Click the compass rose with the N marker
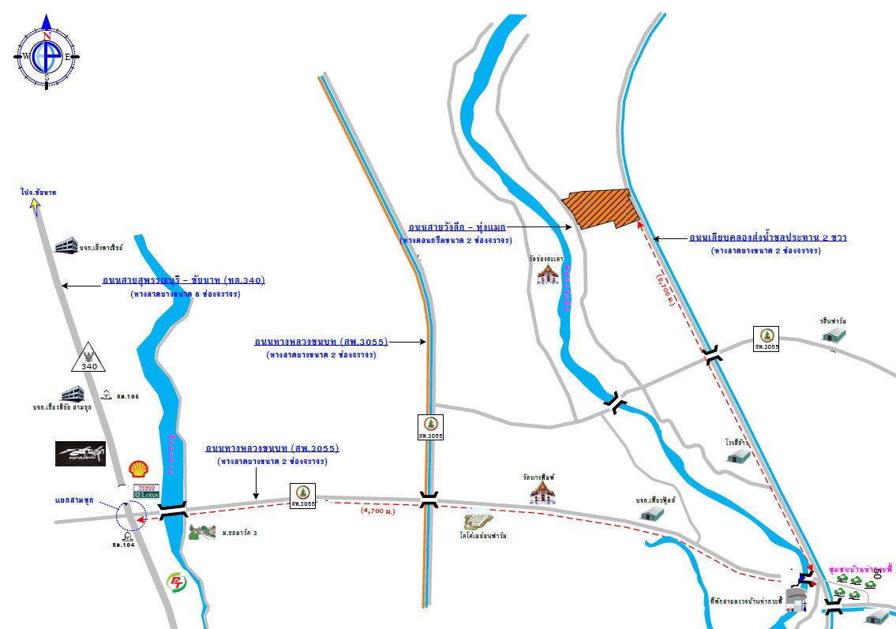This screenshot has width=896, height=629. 47,56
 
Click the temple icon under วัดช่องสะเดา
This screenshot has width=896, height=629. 546,274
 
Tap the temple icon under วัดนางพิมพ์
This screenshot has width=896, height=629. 542,492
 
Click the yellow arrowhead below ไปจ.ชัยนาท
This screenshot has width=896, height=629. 35,206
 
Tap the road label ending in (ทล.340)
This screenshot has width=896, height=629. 183,280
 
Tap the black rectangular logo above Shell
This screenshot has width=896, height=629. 80,453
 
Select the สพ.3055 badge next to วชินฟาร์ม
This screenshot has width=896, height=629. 766,338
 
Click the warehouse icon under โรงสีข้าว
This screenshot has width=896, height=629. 737,456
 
